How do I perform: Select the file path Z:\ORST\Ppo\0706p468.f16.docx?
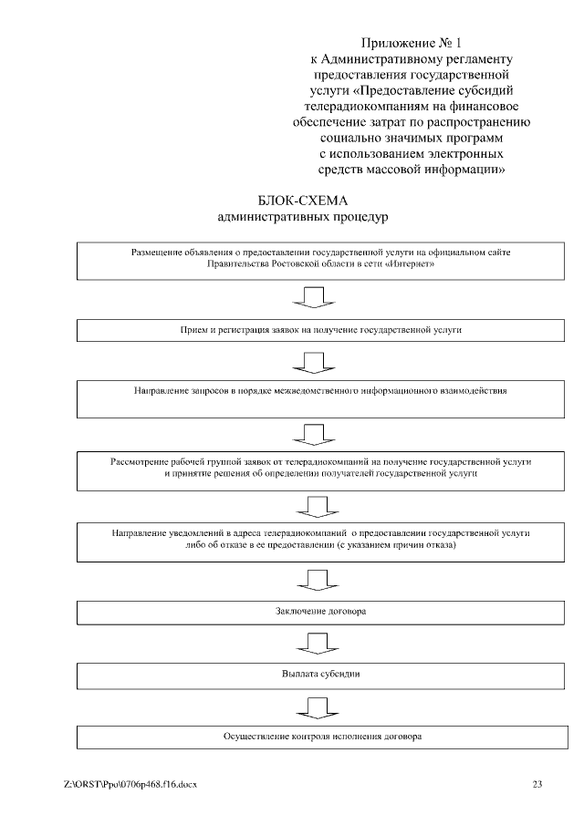[x=130, y=783]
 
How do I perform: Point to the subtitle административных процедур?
[x=304, y=218]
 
